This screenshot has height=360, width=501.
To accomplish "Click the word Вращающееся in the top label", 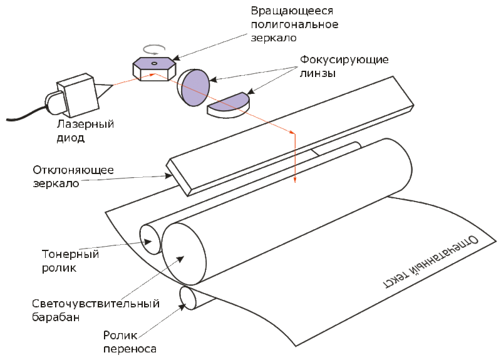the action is coord(292,11).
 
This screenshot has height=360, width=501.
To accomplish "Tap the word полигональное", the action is coord(294,24).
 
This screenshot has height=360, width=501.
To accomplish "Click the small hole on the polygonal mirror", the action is coord(154,63).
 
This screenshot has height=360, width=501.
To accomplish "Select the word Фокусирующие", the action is coord(344,60).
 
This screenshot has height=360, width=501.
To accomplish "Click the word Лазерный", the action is coord(85,123).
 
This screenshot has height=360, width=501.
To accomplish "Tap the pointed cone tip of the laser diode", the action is coord(113,85).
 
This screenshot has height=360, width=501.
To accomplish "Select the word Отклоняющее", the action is coord(73,170).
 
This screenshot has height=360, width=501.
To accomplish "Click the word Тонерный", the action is coord(70,254).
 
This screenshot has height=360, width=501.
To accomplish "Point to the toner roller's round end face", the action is coord(150,239).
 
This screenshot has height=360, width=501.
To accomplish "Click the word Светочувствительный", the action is coord(96,304).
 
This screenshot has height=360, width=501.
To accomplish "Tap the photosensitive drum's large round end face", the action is coord(183,254).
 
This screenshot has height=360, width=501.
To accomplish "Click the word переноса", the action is coord(130,349).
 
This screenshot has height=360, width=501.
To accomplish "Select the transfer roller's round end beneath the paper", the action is coord(189,298).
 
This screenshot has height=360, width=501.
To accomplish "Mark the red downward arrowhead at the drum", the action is coord(295,179).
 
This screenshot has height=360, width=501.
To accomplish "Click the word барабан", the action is coord(56,317).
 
